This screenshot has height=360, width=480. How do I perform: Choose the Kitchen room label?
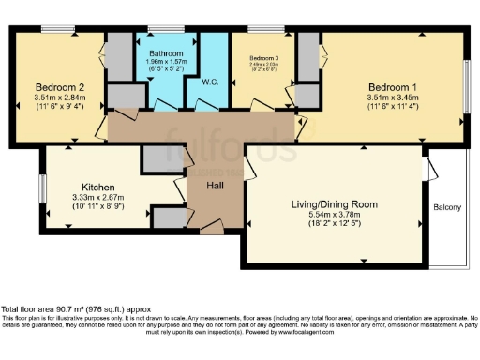tap(98, 186)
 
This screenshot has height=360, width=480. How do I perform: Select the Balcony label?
tap(447, 207)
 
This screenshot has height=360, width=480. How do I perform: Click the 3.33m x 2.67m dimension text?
tap(98, 197)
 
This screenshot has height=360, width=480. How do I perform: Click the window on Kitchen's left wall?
tap(41, 187)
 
